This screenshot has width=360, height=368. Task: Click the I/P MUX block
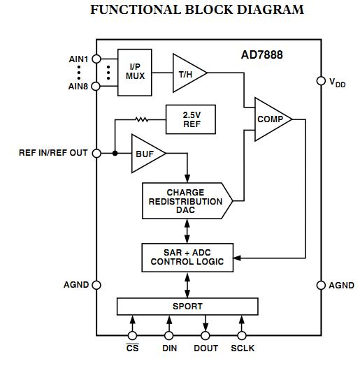click(135, 71)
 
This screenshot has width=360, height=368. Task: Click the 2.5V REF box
click(191, 119)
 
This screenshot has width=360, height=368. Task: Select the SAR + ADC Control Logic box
click(187, 256)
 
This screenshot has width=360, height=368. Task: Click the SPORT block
click(187, 306)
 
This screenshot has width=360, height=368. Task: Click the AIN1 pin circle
click(96, 59)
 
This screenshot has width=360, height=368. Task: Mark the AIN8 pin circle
click(96, 87)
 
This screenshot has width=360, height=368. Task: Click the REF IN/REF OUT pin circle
click(96, 152)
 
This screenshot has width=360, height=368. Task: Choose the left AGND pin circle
click(96, 285)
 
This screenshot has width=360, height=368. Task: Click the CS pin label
click(132, 348)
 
